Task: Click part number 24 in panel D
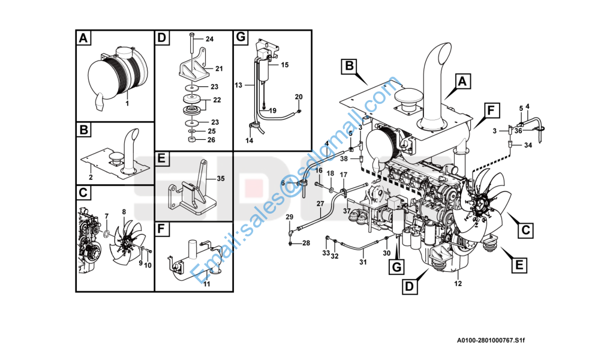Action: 209,39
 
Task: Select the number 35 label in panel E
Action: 221,178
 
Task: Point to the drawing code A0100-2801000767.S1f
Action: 490,340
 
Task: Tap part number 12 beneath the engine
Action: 458,283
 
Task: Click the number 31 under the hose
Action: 363,262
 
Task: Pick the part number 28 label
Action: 306,243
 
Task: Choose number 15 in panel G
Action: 284,65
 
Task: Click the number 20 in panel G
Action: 299,97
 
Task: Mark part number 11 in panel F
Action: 206,284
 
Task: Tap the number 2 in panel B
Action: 91,178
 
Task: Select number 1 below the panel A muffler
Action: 127,103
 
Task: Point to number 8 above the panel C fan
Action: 124,212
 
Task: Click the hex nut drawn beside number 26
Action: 191,140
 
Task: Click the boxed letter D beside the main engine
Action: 410,286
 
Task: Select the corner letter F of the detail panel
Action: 162,230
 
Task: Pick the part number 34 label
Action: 528,145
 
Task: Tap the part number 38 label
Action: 344,159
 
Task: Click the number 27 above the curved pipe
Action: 320,204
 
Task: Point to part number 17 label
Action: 344,175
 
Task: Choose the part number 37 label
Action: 347,211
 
